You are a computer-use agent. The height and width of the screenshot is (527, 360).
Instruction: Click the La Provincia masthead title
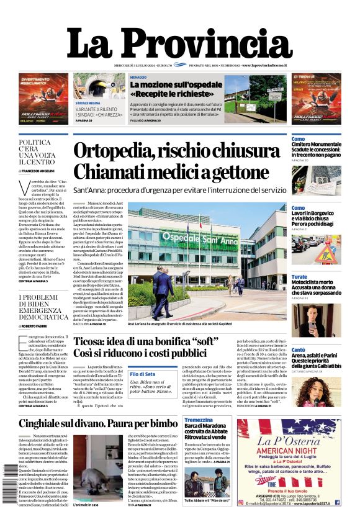click(179, 44)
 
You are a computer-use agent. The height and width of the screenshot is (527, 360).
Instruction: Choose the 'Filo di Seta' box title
click(142, 374)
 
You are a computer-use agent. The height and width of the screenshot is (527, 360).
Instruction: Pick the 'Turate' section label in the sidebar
click(299, 277)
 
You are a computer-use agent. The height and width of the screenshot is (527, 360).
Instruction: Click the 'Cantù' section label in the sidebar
click(299, 350)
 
